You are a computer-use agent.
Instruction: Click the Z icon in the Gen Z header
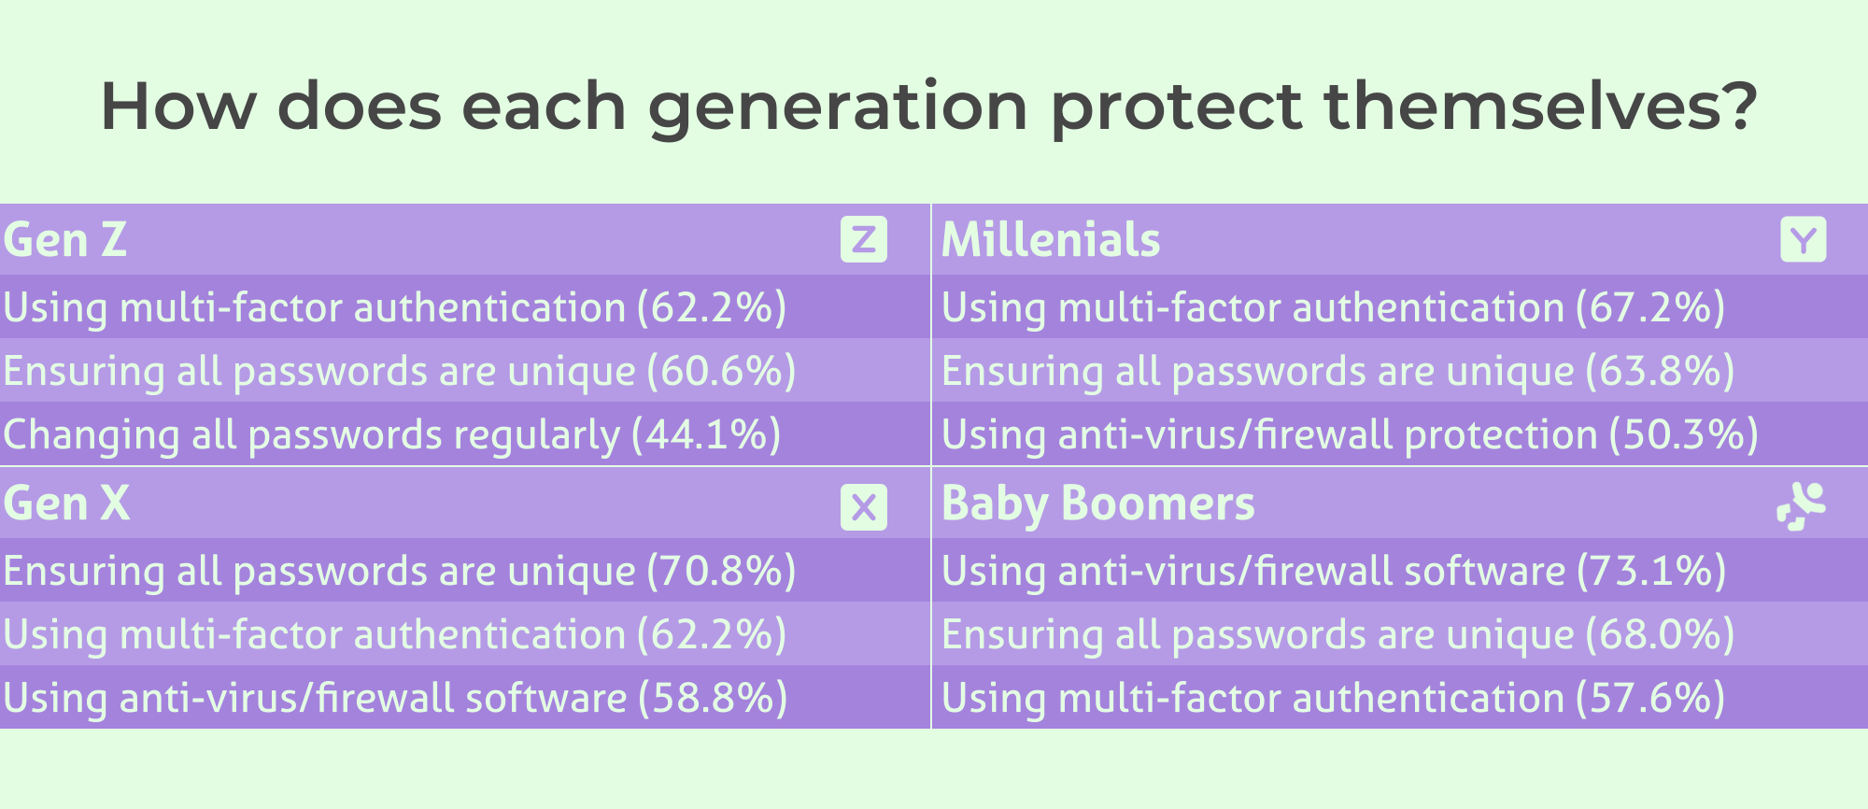[x=864, y=239]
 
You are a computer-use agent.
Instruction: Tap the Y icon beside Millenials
[x=1804, y=239]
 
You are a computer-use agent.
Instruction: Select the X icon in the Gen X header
[x=864, y=507]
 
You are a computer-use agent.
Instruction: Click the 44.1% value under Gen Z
[x=706, y=435]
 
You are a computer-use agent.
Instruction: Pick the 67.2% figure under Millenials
[x=1650, y=308]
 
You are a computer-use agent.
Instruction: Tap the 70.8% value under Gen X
[x=722, y=572]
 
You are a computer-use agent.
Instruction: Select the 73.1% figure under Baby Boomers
[x=1651, y=572]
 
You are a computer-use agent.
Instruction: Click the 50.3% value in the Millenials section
[x=1684, y=435]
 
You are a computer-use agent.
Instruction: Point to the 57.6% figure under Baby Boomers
[x=1650, y=699]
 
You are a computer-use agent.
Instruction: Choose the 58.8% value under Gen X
[x=713, y=699]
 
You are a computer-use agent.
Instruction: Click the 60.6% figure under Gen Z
[x=722, y=372]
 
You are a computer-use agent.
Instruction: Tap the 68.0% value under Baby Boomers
[x=1660, y=635]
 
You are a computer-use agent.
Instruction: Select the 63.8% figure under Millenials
[x=1660, y=372]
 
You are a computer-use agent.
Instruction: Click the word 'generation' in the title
[x=839, y=108]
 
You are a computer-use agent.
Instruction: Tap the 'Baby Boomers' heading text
[x=1098, y=504]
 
